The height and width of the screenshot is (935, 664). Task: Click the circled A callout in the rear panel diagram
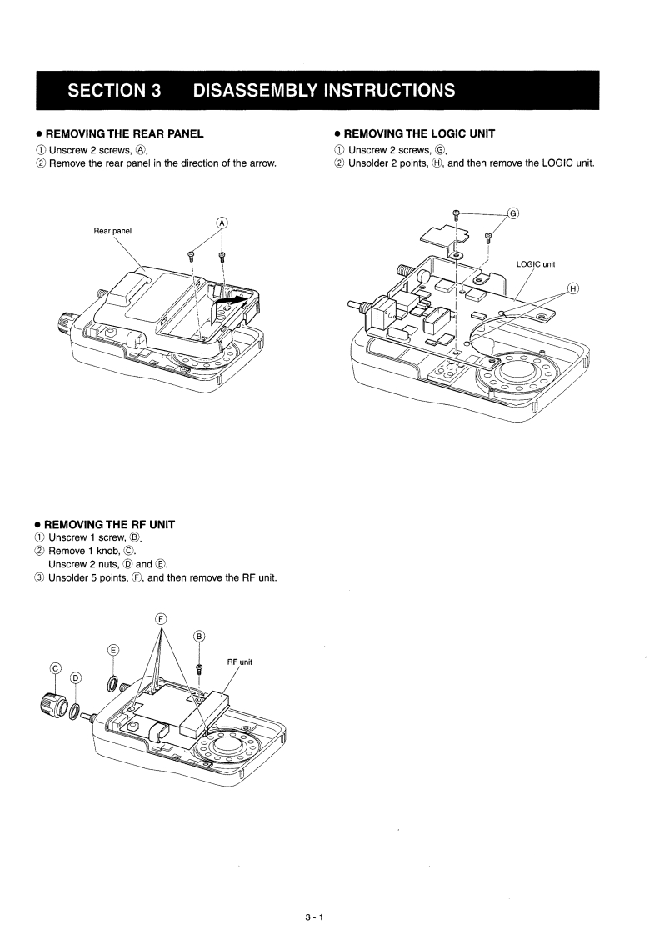222,222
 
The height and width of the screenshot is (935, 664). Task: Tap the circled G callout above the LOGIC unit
513,212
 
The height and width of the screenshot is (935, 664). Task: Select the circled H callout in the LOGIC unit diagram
572,288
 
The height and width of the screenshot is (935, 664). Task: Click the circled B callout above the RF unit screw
199,637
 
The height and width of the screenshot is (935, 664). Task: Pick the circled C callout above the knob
56,667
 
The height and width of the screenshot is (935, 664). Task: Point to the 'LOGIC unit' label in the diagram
536,264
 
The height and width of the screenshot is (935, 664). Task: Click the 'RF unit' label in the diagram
239,662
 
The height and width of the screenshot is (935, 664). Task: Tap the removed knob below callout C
52,701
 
